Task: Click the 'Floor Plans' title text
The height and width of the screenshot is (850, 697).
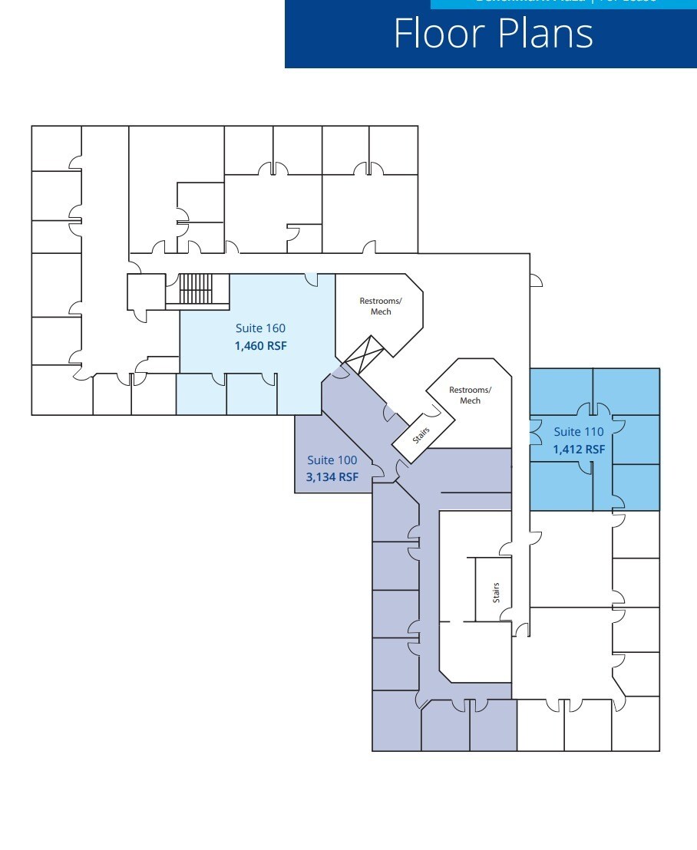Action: coord(494,34)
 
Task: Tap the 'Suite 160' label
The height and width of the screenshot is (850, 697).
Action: coord(260,329)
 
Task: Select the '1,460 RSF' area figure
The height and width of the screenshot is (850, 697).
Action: coord(260,346)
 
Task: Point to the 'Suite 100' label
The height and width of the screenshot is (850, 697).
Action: coord(332,460)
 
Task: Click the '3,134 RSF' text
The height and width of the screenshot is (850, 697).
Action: coord(332,477)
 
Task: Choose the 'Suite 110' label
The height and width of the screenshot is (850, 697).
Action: coord(579,432)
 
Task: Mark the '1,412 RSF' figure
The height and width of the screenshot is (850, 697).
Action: coord(579,450)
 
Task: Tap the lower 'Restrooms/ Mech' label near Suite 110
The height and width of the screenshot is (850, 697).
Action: coord(470,395)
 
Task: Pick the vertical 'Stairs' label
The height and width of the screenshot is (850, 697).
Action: coord(497,592)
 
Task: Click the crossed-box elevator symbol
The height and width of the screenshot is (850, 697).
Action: coord(363,354)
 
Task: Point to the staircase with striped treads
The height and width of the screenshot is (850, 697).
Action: coord(195,288)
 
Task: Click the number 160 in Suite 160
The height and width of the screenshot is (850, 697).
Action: coord(276,329)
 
